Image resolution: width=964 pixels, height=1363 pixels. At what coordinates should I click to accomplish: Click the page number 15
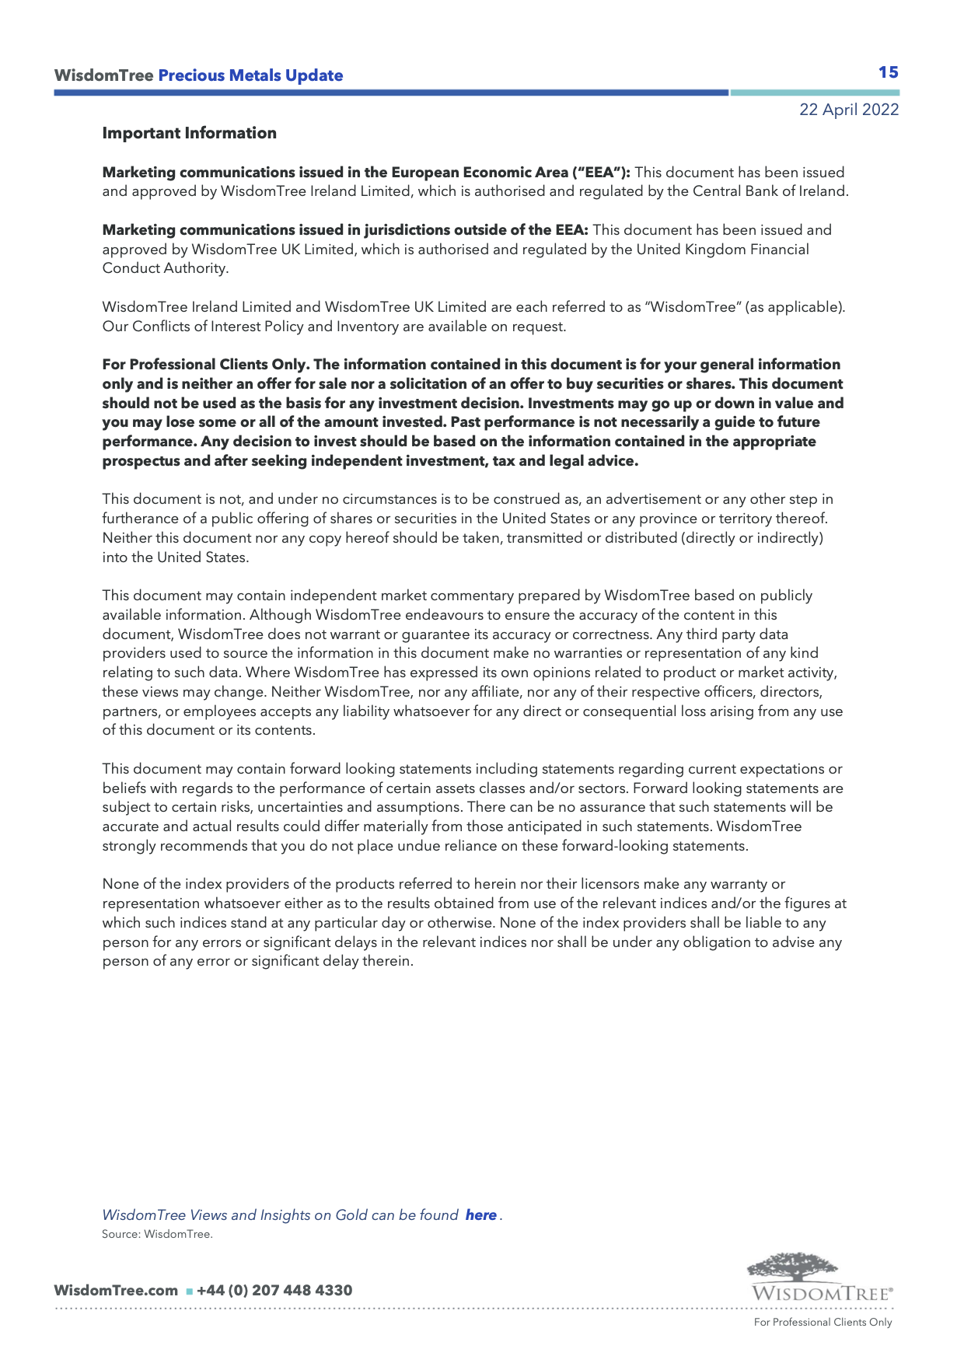tap(888, 72)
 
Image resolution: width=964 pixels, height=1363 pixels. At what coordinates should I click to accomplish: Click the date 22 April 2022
tap(849, 110)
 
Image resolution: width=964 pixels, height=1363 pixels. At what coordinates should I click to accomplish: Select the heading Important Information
tap(189, 133)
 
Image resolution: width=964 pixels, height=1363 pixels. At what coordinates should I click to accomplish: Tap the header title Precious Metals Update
tap(250, 75)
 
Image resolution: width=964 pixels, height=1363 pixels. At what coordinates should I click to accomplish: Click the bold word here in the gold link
tap(480, 1215)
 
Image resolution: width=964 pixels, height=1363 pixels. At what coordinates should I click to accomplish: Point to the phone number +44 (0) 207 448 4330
tap(274, 1291)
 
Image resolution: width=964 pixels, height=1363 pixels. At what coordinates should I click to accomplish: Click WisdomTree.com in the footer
tap(116, 1291)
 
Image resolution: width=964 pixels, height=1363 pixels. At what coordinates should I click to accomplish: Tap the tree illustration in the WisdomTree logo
tap(793, 1266)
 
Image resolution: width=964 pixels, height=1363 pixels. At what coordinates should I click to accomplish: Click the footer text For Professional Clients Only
tap(823, 1323)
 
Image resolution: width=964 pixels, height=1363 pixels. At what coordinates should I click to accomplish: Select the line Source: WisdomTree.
tap(157, 1234)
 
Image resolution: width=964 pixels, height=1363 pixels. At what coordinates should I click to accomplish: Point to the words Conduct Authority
tap(165, 268)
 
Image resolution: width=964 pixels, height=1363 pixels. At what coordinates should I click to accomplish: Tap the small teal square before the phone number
tap(189, 1291)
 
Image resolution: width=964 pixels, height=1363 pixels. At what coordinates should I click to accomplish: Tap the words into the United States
tap(175, 557)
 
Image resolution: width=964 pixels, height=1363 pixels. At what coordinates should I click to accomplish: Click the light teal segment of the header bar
tap(814, 93)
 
